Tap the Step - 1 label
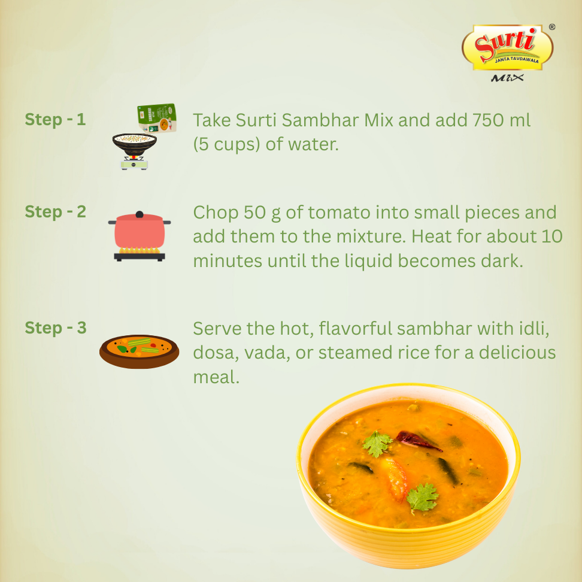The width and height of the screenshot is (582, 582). point(55,119)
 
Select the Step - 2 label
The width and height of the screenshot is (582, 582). point(55,211)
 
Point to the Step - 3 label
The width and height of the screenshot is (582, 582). point(55,328)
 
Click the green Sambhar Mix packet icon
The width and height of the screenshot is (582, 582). point(157,118)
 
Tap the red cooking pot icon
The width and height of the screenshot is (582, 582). point(140,231)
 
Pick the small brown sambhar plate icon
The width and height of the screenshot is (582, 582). point(139,350)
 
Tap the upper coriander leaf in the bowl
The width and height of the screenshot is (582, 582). point(378,444)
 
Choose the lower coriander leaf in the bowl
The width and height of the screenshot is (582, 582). point(423,498)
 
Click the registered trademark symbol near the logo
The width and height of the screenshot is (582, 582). point(551,27)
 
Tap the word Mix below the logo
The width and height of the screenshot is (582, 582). point(507,78)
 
